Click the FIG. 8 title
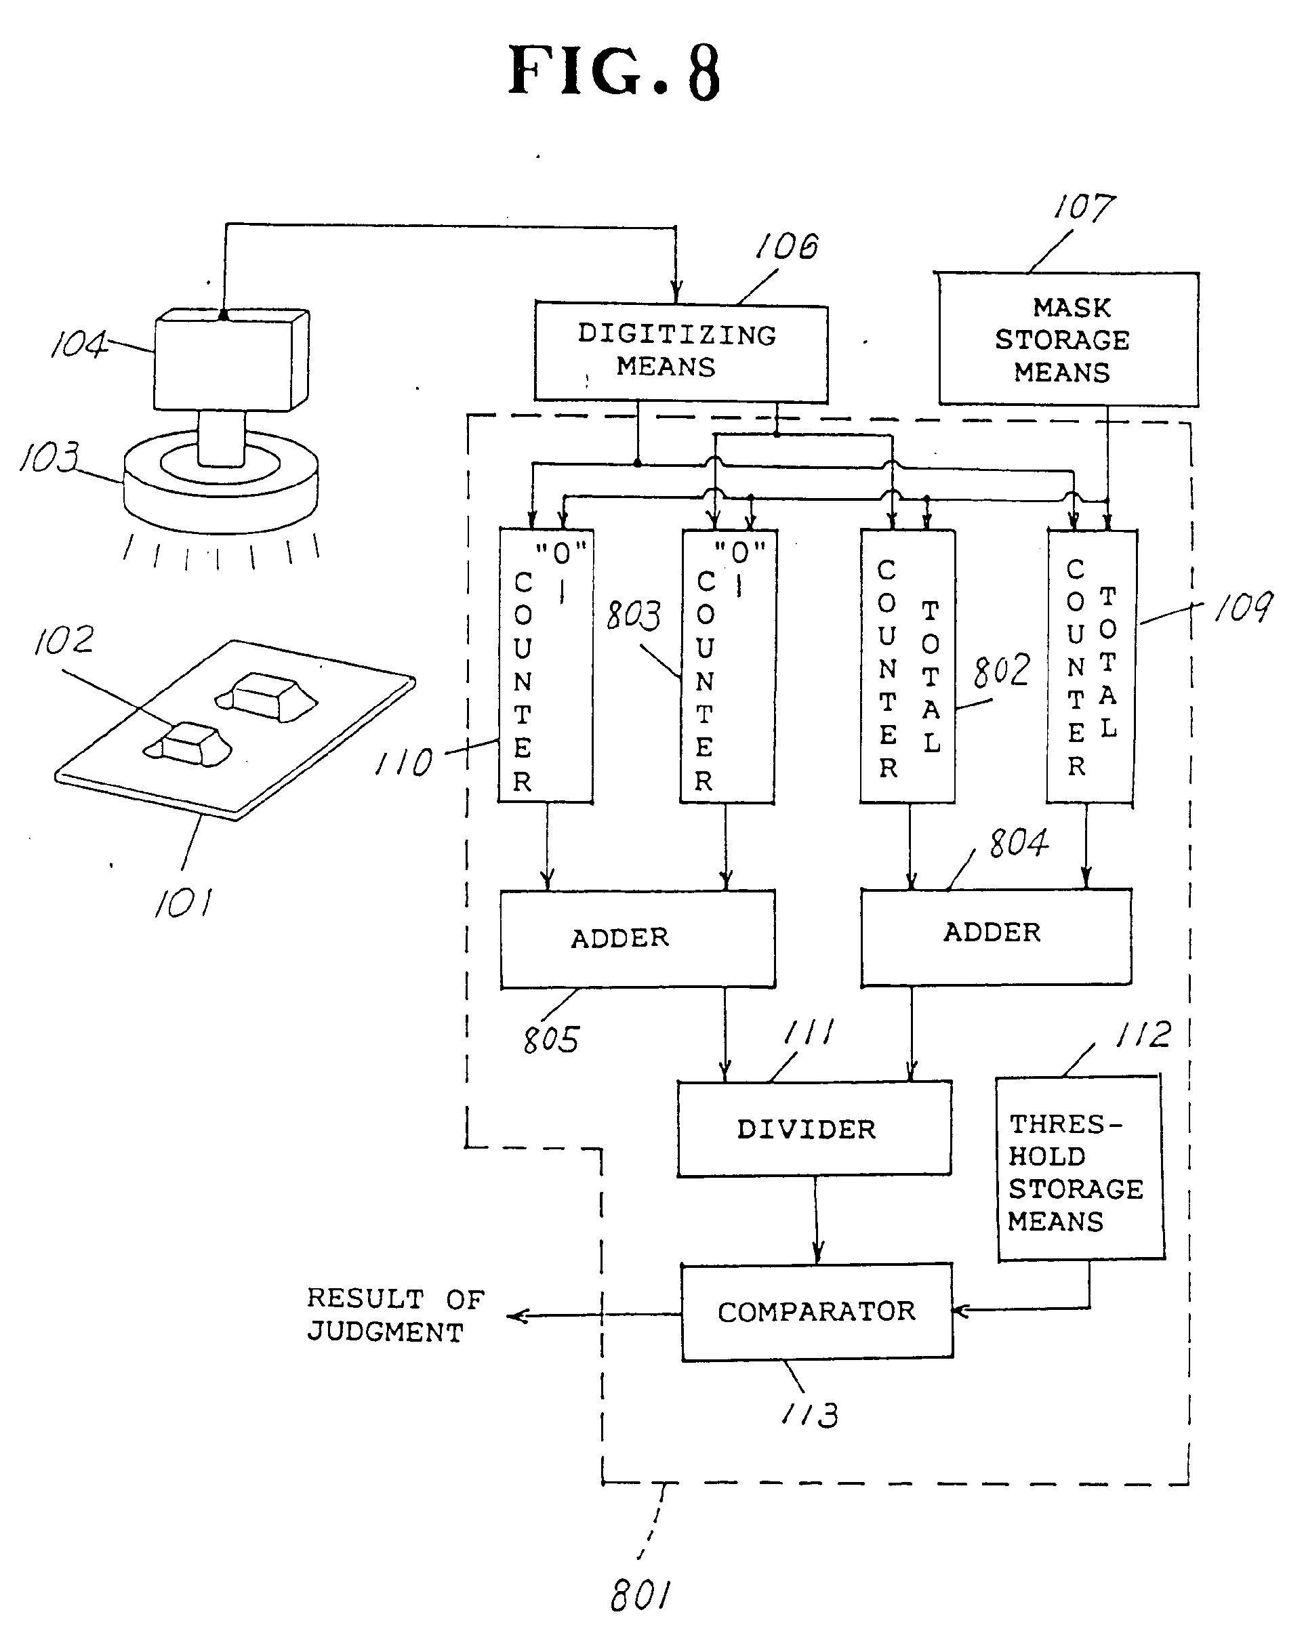614,72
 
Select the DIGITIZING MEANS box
680,352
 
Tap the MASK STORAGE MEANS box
1067,340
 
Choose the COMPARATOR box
816,1311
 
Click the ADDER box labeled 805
637,938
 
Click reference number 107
1084,207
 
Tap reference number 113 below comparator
811,1415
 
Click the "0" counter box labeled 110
545,666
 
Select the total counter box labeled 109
1091,666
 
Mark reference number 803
634,615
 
